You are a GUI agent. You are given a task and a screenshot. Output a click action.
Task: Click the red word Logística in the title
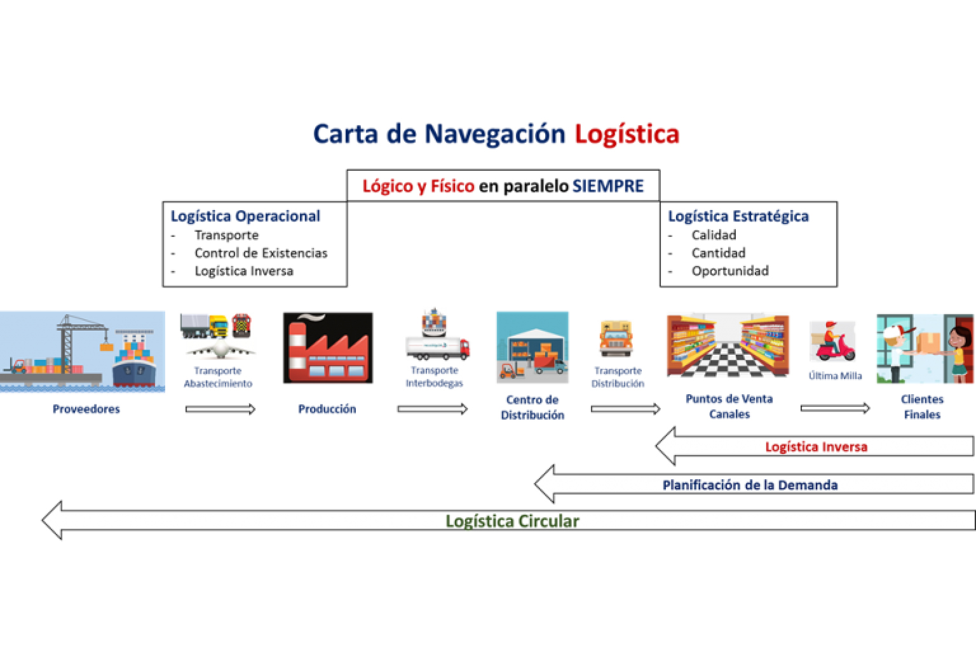point(627,135)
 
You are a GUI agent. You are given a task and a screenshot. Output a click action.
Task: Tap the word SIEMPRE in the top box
point(608,186)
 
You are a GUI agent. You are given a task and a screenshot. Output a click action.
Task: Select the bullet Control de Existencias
point(261,253)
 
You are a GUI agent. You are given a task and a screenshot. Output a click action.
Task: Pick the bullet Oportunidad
point(729,271)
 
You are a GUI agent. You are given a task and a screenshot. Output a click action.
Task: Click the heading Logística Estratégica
point(738,216)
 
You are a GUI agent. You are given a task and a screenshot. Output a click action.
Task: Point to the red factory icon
point(327,348)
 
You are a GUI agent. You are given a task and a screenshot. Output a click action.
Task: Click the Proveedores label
point(86,409)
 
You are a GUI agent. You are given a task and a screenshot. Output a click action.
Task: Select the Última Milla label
point(835,376)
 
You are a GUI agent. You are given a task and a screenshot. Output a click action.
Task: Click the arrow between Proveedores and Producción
point(220,409)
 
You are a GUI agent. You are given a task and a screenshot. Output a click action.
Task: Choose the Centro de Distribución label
point(532,408)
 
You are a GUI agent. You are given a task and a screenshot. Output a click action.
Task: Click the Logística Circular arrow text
point(512,521)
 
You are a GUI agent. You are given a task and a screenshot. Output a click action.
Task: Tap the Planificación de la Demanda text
point(750,485)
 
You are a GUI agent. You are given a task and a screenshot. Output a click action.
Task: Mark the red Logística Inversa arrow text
point(816,447)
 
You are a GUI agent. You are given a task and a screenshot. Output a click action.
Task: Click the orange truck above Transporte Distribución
point(616,338)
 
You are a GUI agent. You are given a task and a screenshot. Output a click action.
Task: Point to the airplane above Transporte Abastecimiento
point(219,350)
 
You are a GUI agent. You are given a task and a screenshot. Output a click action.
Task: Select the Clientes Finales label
point(922,407)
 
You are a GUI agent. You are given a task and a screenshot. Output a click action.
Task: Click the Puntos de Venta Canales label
point(729,406)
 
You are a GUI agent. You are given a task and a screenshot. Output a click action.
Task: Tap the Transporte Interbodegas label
point(435,376)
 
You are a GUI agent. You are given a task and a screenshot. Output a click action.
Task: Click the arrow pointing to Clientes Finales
point(835,408)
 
